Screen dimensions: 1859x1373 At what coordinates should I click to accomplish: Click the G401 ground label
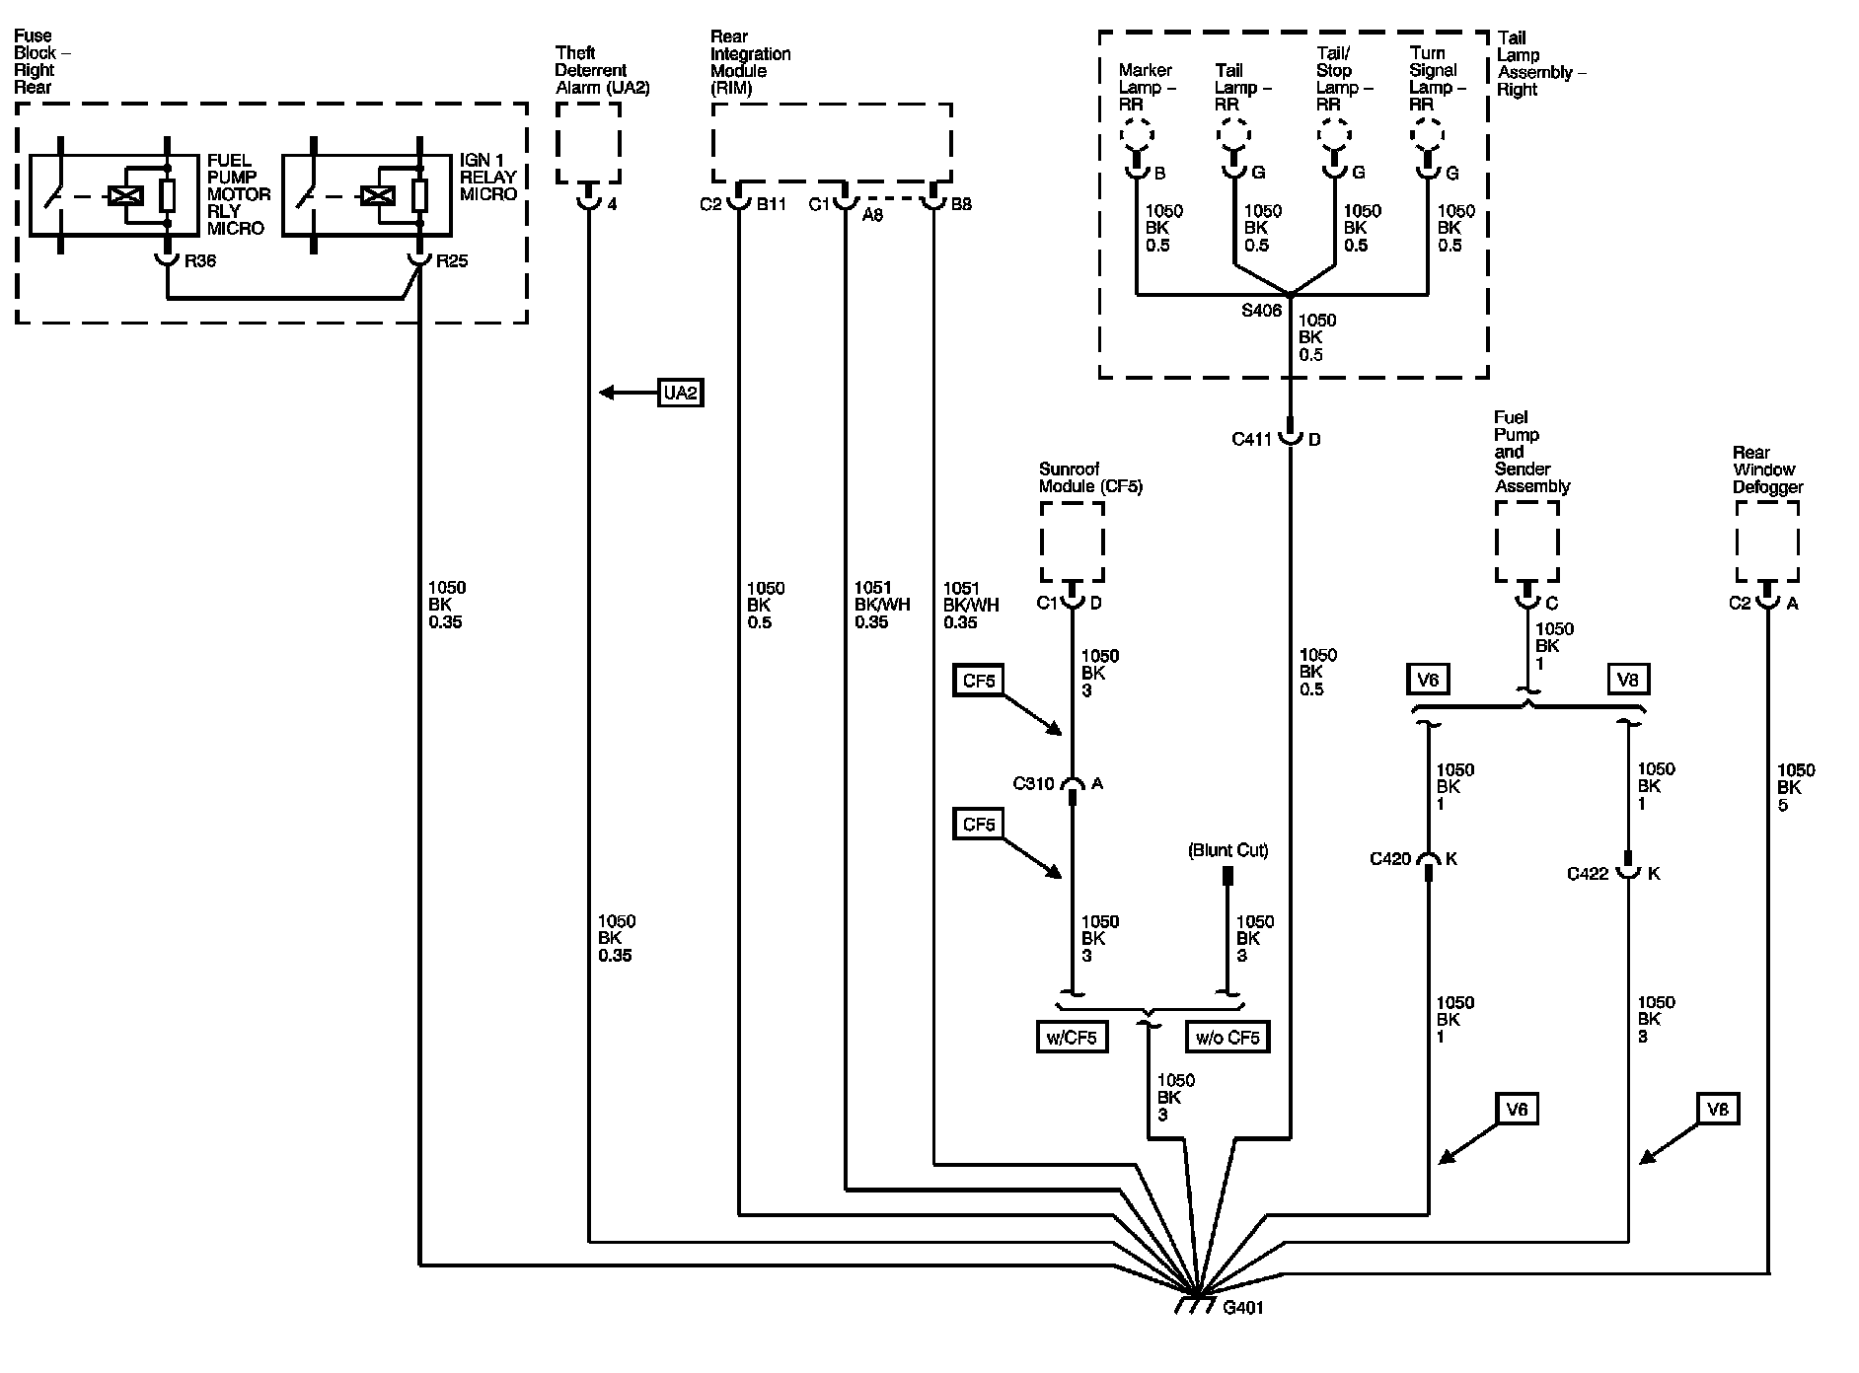1242,1308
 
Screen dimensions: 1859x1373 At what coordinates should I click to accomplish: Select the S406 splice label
1261,311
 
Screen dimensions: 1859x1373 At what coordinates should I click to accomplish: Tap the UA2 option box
681,393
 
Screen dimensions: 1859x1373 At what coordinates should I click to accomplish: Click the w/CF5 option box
1071,1037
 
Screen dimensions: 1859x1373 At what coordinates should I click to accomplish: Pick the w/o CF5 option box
1227,1037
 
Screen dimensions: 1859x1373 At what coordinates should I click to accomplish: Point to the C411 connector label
1252,439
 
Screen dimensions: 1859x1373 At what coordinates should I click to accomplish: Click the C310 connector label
1033,784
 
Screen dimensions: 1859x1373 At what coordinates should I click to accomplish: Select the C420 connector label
1390,859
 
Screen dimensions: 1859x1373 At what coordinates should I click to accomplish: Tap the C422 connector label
1588,874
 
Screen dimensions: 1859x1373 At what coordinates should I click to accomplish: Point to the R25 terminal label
451,262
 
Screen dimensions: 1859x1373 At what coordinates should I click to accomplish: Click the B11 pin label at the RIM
771,205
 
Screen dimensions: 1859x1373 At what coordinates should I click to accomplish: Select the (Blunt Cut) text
1228,850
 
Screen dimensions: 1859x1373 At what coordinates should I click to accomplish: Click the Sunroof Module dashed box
1073,542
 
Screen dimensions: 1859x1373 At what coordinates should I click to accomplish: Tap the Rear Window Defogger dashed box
1767,542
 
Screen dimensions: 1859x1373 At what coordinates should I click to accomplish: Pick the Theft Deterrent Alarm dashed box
588,143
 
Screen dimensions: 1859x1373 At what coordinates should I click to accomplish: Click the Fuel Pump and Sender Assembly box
1527,542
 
